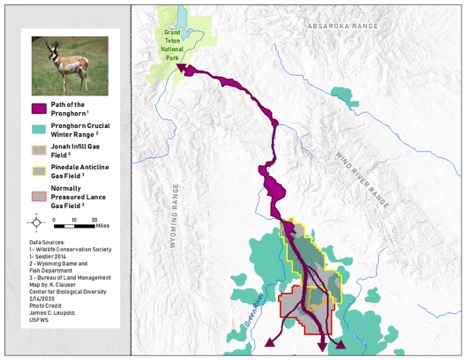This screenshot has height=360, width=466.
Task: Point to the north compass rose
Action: tap(37, 223)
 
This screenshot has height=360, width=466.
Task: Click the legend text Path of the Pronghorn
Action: tap(79, 108)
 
